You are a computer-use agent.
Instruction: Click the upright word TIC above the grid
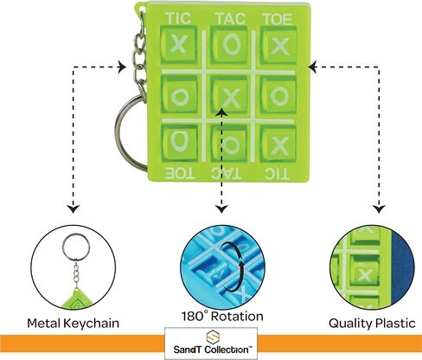click(x=179, y=18)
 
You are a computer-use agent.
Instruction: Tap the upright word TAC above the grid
click(x=231, y=19)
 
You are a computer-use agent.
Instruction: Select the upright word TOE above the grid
click(x=278, y=19)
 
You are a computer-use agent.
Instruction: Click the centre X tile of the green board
click(x=230, y=94)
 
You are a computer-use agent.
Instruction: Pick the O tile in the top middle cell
click(x=230, y=45)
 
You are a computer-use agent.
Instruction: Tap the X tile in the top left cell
click(x=179, y=45)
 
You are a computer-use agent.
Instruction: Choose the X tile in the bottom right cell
click(x=278, y=144)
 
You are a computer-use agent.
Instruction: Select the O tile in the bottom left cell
click(x=179, y=143)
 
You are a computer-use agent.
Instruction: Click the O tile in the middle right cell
click(x=278, y=94)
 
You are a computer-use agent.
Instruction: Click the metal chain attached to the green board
click(x=140, y=52)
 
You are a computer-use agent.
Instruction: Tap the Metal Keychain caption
click(x=73, y=323)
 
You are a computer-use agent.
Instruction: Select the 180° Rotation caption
click(x=222, y=316)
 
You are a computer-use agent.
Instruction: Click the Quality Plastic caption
click(x=372, y=323)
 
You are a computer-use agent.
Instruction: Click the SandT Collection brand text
click(x=211, y=350)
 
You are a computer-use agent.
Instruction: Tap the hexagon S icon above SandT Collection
click(x=213, y=337)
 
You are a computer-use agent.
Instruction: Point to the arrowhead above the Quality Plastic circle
click(x=379, y=209)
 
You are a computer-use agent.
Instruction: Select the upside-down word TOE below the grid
click(x=180, y=173)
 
